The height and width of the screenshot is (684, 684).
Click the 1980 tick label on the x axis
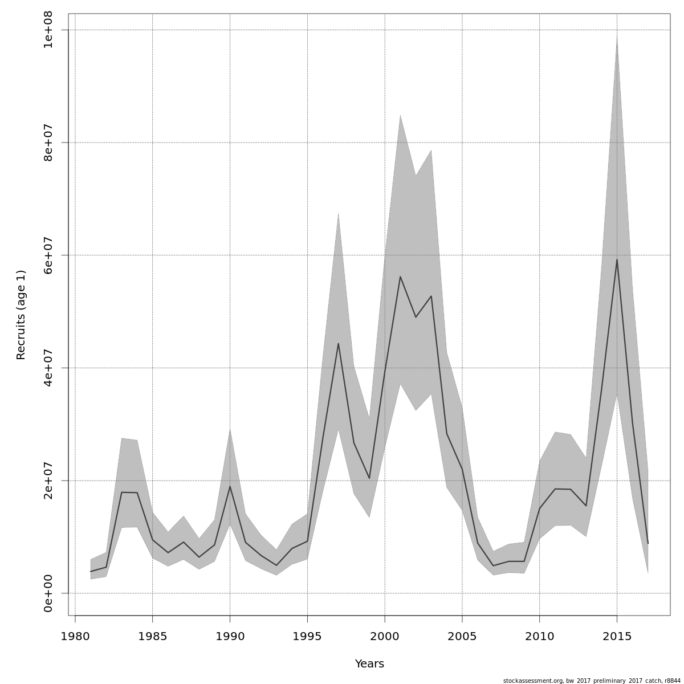[75, 636]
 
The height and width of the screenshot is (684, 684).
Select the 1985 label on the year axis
[152, 636]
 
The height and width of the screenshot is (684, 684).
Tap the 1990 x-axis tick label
[230, 636]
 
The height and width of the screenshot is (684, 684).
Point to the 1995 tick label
[307, 636]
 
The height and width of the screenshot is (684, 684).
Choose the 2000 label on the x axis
[385, 636]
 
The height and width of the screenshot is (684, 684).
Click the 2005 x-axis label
[462, 636]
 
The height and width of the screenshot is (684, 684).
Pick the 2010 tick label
[539, 636]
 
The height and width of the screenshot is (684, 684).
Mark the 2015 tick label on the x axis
[617, 636]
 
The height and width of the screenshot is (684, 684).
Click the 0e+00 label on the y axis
[48, 593]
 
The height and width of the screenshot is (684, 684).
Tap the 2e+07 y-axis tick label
[48, 481]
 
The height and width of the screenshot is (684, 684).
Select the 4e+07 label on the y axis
[48, 368]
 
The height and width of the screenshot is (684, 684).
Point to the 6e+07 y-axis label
[48, 255]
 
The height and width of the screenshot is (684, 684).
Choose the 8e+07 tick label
[48, 142]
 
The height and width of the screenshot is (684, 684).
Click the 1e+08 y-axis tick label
[48, 30]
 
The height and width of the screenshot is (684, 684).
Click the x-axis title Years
[369, 664]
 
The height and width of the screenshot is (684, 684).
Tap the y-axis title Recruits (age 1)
[21, 315]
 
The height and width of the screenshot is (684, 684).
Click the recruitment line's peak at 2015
[617, 260]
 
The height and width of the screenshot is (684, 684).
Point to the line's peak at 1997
[338, 343]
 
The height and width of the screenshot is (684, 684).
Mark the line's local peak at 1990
[230, 486]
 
